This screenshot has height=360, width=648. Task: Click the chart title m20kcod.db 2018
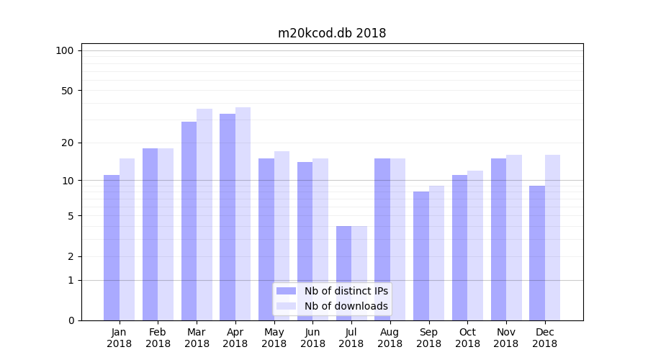pos(332,33)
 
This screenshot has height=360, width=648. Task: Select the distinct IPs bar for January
pos(112,248)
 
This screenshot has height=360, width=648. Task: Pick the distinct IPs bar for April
pos(228,217)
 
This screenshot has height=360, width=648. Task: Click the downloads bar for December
pos(552,238)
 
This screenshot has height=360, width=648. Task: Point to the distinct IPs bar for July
pos(343,273)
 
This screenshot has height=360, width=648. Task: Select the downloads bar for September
pos(436,253)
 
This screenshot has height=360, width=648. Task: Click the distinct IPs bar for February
pos(150,234)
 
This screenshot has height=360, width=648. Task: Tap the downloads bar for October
pos(475,246)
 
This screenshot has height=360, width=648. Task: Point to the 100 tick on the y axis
pos(65,50)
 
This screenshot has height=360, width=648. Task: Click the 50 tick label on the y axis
pos(67,91)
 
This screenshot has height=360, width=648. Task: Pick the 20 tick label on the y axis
pos(67,143)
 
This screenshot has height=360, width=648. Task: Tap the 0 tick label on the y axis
pos(71,320)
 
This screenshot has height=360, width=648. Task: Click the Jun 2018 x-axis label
pos(312,338)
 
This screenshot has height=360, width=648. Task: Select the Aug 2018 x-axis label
pos(390,338)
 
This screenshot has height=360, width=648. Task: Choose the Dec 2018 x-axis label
pos(545,338)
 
